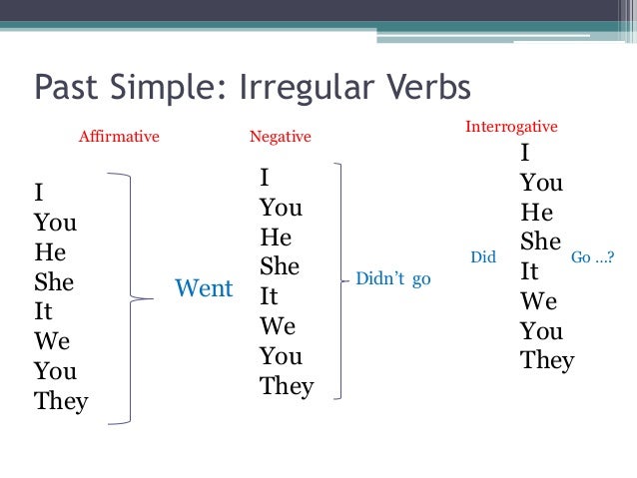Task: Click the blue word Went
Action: (204, 289)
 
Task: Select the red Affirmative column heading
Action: (119, 137)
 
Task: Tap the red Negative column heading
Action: (280, 137)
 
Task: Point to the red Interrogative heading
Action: (511, 128)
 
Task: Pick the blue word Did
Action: (483, 257)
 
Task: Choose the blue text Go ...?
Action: (592, 257)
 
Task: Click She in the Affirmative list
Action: (54, 282)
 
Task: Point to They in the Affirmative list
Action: (61, 402)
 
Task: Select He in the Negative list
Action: (275, 238)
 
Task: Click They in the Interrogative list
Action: (547, 360)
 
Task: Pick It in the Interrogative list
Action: (529, 271)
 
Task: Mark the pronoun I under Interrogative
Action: (524, 154)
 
